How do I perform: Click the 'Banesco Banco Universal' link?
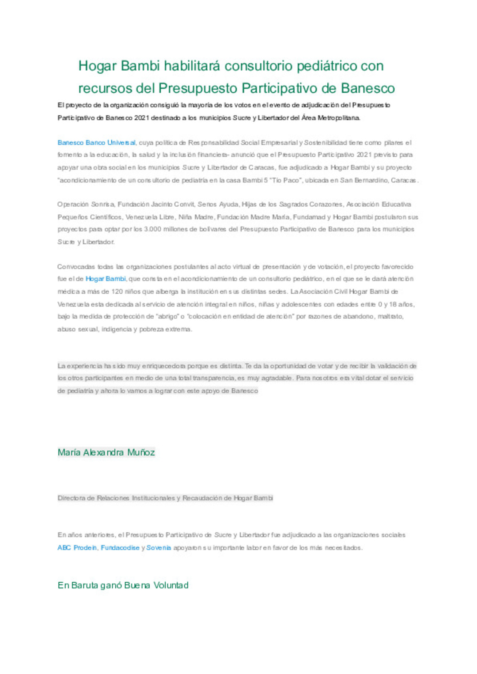(x=96, y=143)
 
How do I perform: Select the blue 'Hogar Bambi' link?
(x=106, y=279)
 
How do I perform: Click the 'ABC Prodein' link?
(x=77, y=548)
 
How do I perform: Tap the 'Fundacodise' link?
(x=120, y=548)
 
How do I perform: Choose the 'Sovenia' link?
(x=159, y=548)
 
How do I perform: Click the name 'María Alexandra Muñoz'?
(x=106, y=452)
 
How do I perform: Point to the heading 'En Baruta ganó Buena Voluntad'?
(x=123, y=585)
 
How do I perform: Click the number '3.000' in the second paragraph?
(x=153, y=229)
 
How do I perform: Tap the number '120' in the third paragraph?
(x=117, y=292)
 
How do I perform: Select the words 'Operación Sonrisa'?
(x=86, y=204)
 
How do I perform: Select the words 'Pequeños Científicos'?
(x=90, y=217)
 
